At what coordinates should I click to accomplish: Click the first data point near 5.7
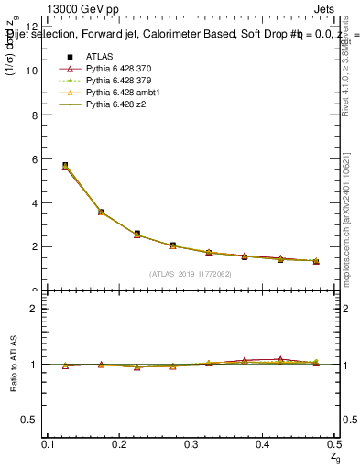[65, 166]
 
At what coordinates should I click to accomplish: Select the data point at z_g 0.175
[101, 212]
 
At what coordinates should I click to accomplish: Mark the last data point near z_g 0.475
[316, 261]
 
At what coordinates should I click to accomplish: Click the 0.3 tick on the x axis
[191, 444]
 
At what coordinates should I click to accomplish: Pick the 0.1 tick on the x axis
[49, 444]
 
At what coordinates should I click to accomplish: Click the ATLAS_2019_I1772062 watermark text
[191, 273]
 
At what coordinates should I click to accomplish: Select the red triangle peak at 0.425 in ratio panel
[280, 359]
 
